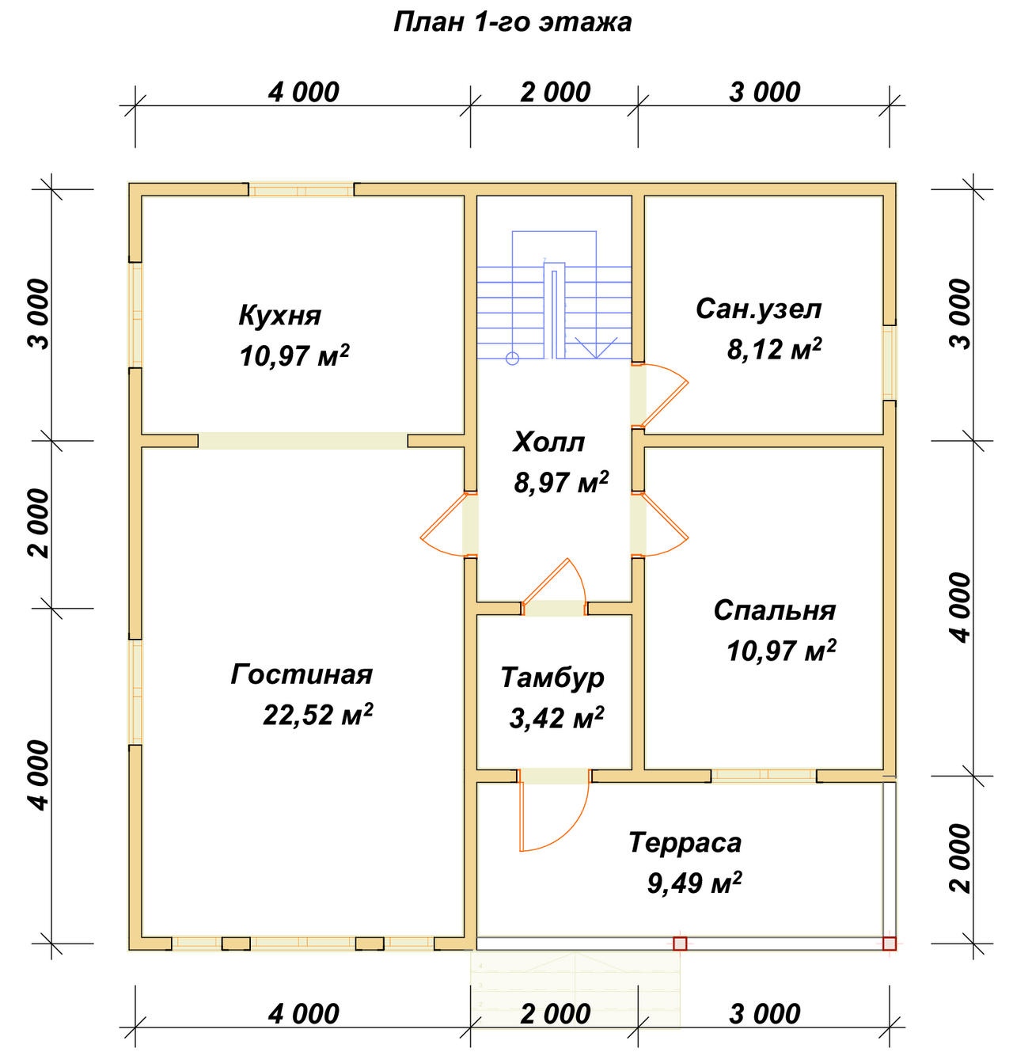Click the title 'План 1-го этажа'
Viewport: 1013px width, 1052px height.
point(513,23)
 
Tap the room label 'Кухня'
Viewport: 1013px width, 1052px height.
point(280,316)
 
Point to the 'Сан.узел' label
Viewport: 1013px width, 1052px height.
point(758,310)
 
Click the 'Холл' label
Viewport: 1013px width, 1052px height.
point(548,442)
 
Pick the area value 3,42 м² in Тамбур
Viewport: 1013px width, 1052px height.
point(557,718)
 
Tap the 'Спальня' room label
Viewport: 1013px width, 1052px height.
point(775,611)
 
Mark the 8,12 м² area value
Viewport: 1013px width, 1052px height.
point(774,350)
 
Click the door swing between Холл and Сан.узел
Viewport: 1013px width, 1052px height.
point(660,396)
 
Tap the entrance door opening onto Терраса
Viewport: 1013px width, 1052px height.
point(553,810)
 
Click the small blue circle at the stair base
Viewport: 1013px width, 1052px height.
point(512,358)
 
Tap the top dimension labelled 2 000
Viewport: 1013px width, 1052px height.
point(555,93)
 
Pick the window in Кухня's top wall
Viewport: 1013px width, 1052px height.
point(302,190)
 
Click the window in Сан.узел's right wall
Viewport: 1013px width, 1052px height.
point(890,363)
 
